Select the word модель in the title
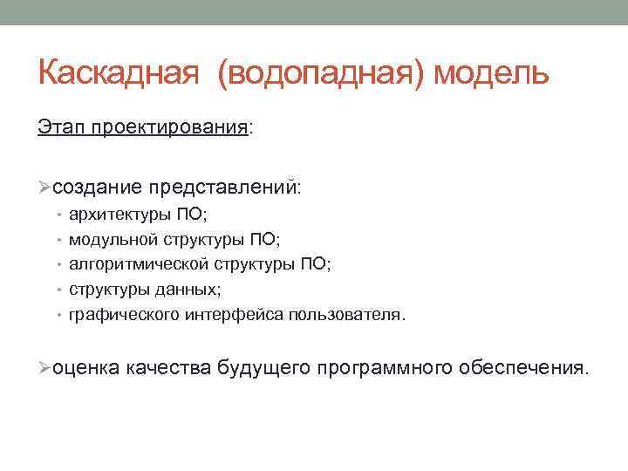point(492,73)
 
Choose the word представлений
point(223,188)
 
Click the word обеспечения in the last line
point(523,369)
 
